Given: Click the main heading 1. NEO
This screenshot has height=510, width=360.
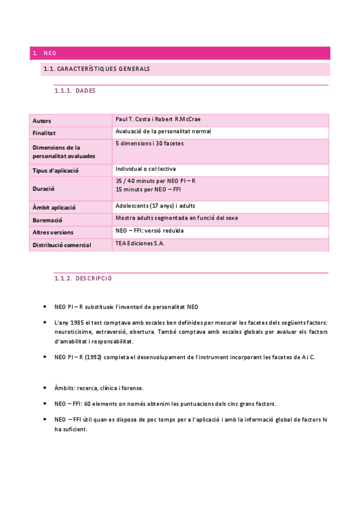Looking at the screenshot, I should tap(45, 54).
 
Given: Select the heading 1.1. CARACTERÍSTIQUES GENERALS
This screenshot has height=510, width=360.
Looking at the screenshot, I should tap(97, 69).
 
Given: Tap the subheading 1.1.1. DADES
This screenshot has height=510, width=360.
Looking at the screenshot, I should tap(75, 91).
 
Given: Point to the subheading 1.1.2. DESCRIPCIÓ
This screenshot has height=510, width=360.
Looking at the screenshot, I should tap(83, 279).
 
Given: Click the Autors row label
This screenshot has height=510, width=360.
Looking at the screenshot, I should tap(42, 121).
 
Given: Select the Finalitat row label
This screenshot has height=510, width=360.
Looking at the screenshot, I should tap(44, 133).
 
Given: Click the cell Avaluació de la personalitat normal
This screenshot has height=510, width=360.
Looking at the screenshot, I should tap(163, 131).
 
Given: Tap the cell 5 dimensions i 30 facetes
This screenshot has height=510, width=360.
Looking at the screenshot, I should tap(149, 144).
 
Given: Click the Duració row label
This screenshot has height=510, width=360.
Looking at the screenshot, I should tap(43, 188).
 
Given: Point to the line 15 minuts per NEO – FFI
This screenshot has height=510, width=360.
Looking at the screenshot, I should tap(147, 189).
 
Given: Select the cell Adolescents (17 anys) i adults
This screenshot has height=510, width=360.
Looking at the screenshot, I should tap(155, 206).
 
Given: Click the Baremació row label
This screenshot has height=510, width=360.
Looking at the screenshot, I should tap(47, 221).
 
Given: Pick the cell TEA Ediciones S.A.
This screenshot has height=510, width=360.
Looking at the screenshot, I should tap(139, 244).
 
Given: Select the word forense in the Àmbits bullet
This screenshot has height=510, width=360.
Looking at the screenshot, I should tap(132, 388).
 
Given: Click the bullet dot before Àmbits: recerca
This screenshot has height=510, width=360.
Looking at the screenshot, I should tap(46, 388).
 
